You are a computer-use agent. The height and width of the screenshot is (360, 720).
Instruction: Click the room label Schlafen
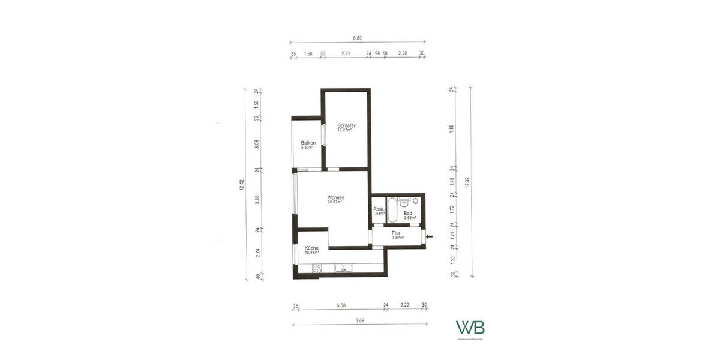(347, 125)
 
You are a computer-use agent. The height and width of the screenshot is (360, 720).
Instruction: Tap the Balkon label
(308, 142)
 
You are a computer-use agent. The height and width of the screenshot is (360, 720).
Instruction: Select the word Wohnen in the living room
(336, 197)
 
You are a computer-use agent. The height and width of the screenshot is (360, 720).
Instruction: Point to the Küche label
(311, 248)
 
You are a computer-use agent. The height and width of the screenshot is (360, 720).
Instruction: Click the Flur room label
(396, 233)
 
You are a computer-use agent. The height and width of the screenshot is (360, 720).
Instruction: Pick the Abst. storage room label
(379, 209)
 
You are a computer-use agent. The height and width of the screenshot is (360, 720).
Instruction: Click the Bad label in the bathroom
(408, 213)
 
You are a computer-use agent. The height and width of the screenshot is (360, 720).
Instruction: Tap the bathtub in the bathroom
(392, 209)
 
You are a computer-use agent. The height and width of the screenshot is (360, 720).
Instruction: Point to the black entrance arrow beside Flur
(428, 237)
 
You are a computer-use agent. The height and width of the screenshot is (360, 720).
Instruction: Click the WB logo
(470, 328)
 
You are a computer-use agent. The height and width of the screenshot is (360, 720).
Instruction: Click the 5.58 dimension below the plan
(341, 306)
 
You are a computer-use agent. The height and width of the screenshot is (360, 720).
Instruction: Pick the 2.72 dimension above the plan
(346, 53)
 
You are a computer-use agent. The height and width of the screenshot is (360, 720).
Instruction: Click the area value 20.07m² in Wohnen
(335, 202)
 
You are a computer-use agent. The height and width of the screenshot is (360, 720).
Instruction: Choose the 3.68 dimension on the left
(256, 200)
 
